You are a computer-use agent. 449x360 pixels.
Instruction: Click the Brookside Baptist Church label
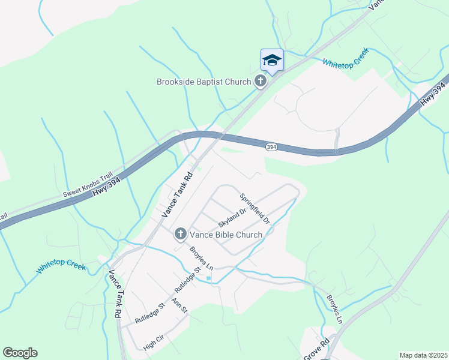(203, 82)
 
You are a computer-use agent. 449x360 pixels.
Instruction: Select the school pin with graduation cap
(272, 61)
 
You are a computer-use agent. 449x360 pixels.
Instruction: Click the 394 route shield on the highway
(271, 147)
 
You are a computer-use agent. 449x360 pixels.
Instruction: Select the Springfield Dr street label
(255, 209)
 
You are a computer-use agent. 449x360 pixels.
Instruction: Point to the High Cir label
(153, 343)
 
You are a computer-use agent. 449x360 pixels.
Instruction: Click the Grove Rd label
(317, 349)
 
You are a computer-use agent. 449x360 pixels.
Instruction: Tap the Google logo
(20, 353)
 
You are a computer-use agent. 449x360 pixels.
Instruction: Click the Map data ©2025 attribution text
(423, 355)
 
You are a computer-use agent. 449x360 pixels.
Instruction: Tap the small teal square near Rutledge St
(208, 278)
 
